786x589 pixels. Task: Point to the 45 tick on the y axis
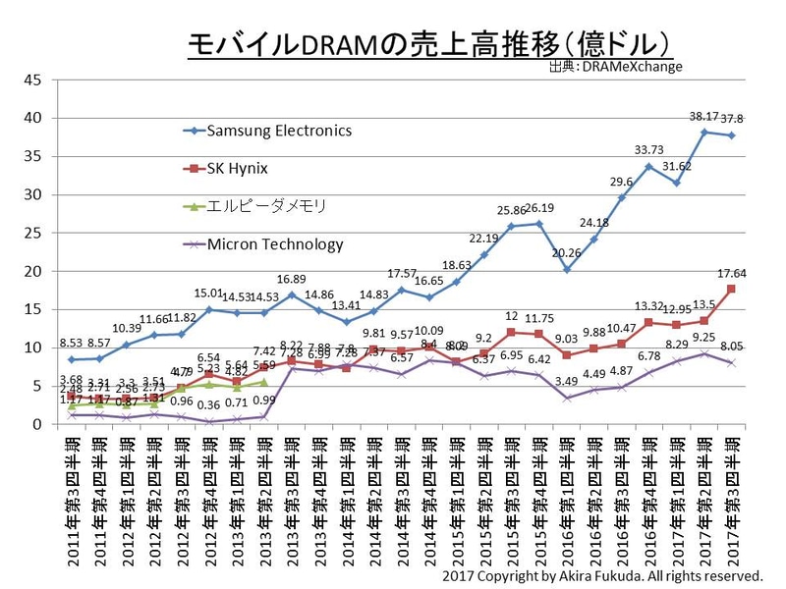pos(32,80)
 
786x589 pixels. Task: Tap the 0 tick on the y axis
pos(36,424)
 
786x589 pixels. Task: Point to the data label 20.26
pos(568,252)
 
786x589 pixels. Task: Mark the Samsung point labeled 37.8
pos(732,135)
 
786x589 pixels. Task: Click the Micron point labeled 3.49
pos(568,398)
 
